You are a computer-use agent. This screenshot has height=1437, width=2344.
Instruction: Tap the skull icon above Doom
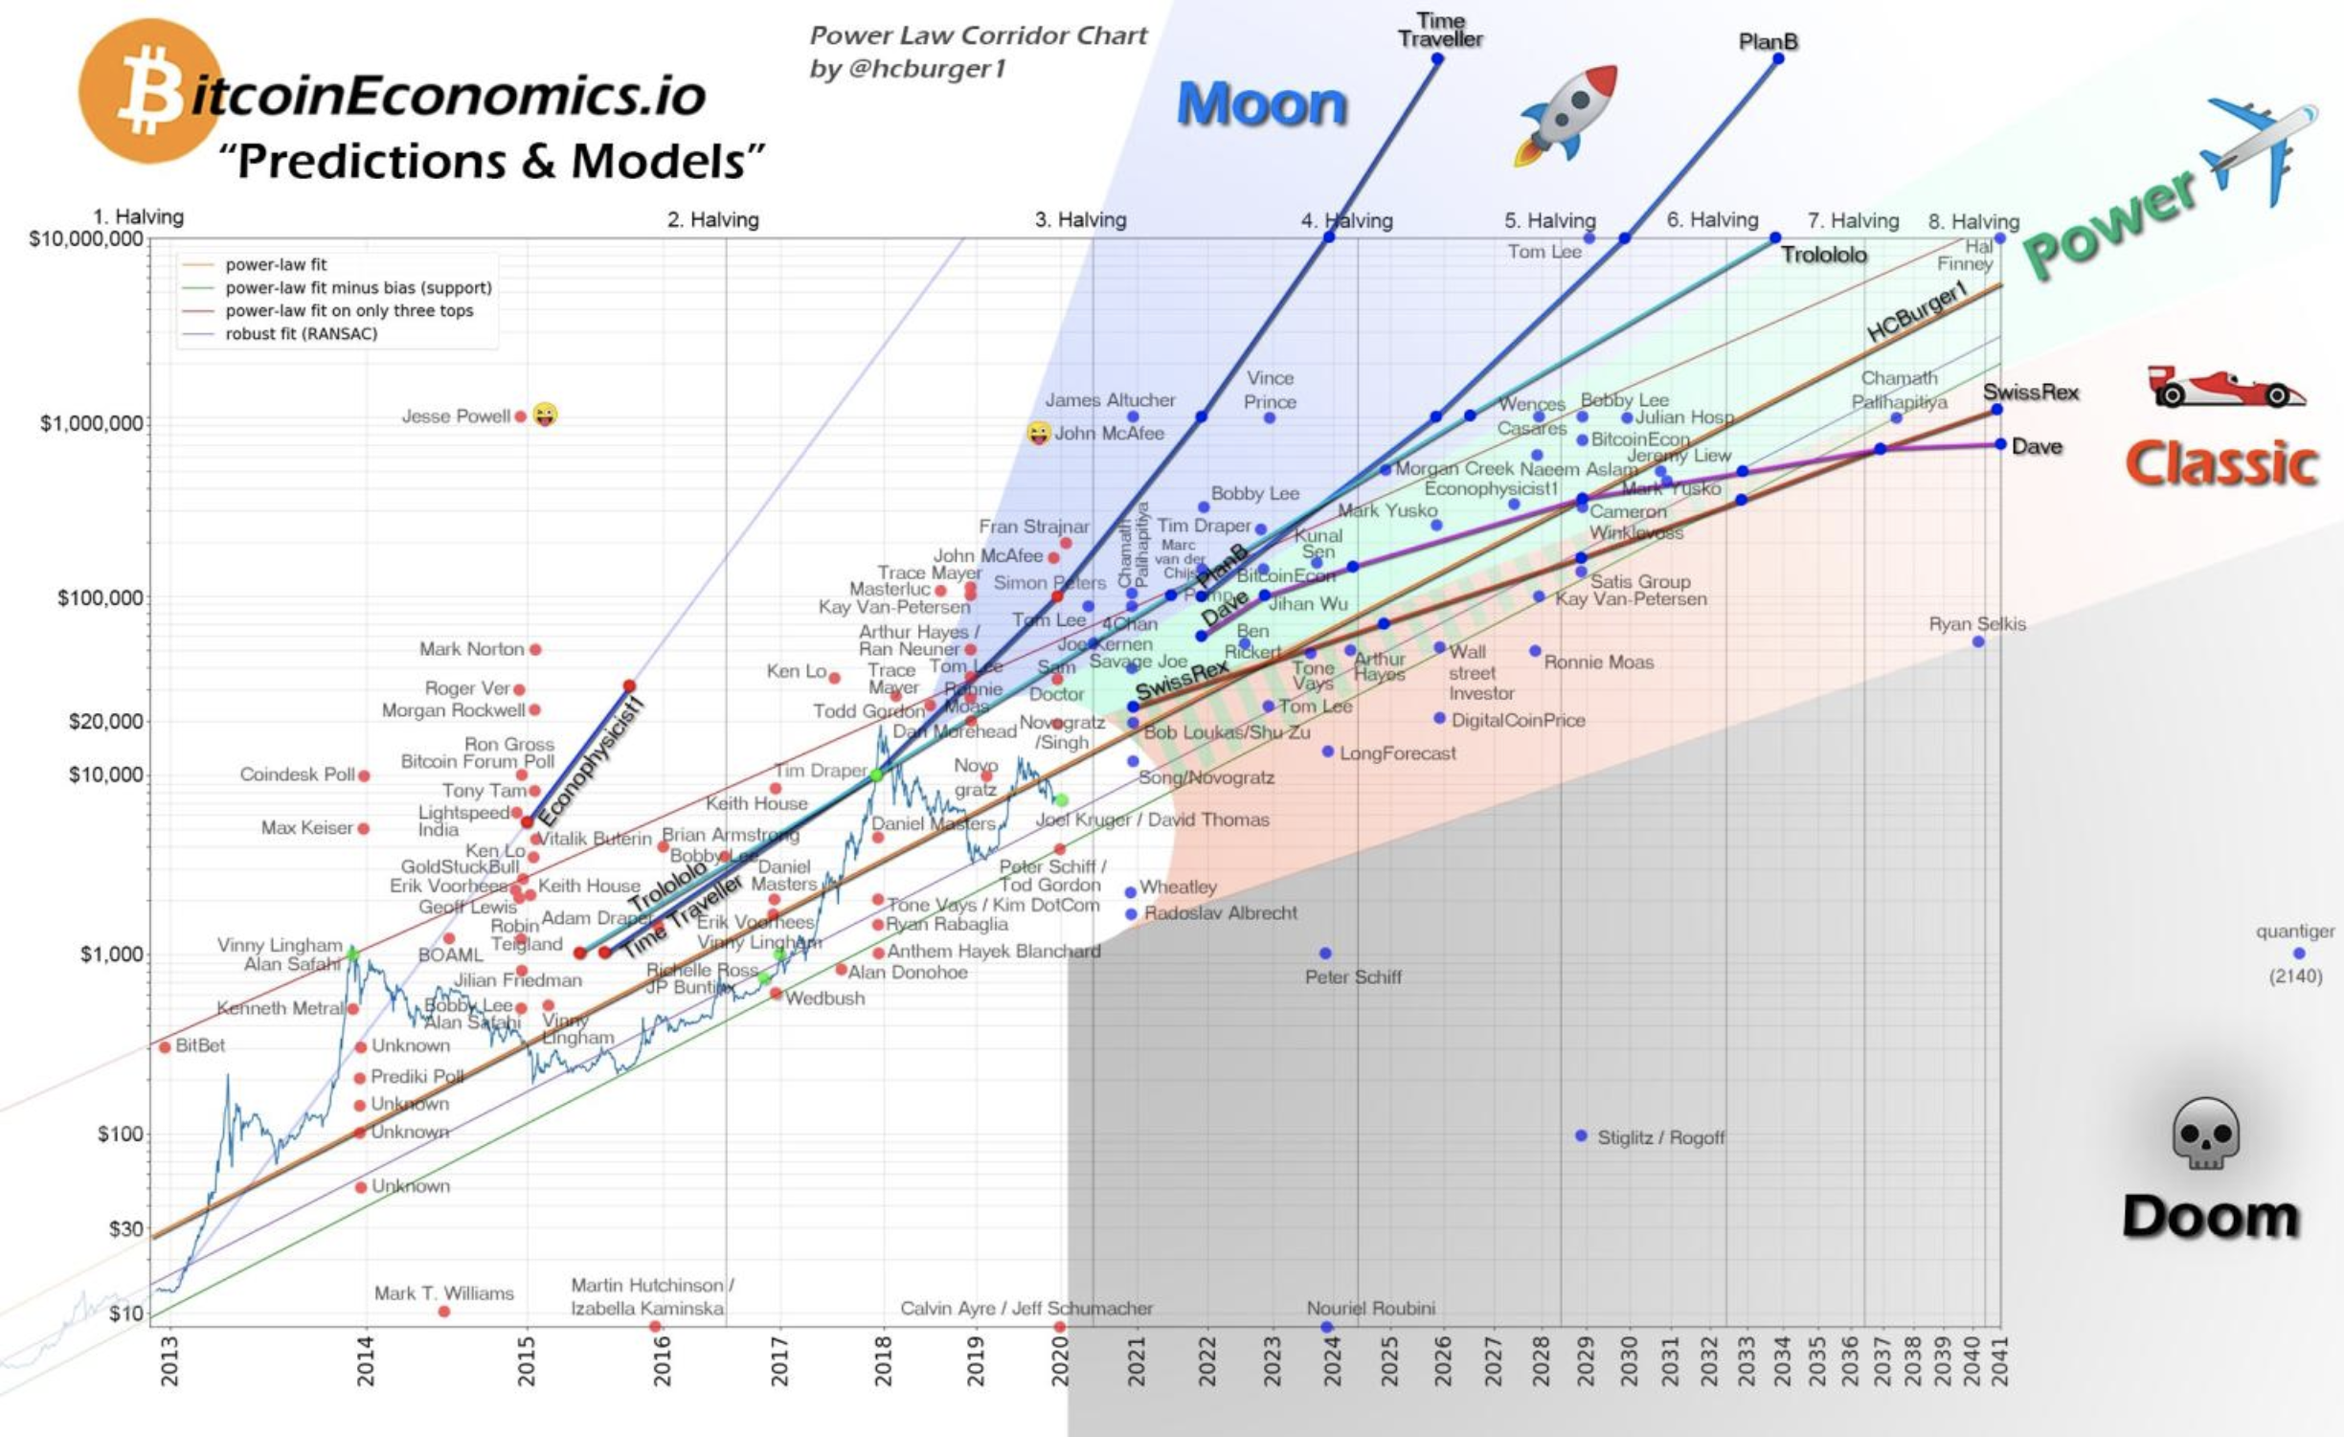click(2205, 1134)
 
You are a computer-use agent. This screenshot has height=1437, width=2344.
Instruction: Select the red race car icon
click(2224, 387)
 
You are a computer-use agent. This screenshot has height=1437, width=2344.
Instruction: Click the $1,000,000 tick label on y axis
click(91, 423)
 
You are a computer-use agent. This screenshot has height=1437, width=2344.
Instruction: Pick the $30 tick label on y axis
click(124, 1228)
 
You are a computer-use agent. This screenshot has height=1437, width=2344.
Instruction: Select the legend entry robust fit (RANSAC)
click(301, 334)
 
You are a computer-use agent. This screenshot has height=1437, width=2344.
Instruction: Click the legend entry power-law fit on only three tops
click(349, 311)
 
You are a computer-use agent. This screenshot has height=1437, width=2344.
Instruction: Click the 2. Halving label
click(712, 220)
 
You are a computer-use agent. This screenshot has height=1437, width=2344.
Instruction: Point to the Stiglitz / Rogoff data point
click(1581, 1135)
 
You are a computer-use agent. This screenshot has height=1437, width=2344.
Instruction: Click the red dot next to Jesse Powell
click(520, 416)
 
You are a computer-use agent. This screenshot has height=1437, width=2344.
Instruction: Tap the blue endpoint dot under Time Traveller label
click(1437, 59)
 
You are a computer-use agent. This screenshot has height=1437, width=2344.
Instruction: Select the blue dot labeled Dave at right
click(2000, 444)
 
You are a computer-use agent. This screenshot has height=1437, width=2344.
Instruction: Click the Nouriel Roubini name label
click(1370, 1308)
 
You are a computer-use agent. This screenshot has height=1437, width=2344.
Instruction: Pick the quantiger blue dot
click(2298, 954)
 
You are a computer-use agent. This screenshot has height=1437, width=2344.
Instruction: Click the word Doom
click(2210, 1217)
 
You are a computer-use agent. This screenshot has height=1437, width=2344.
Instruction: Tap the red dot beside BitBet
click(165, 1046)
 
